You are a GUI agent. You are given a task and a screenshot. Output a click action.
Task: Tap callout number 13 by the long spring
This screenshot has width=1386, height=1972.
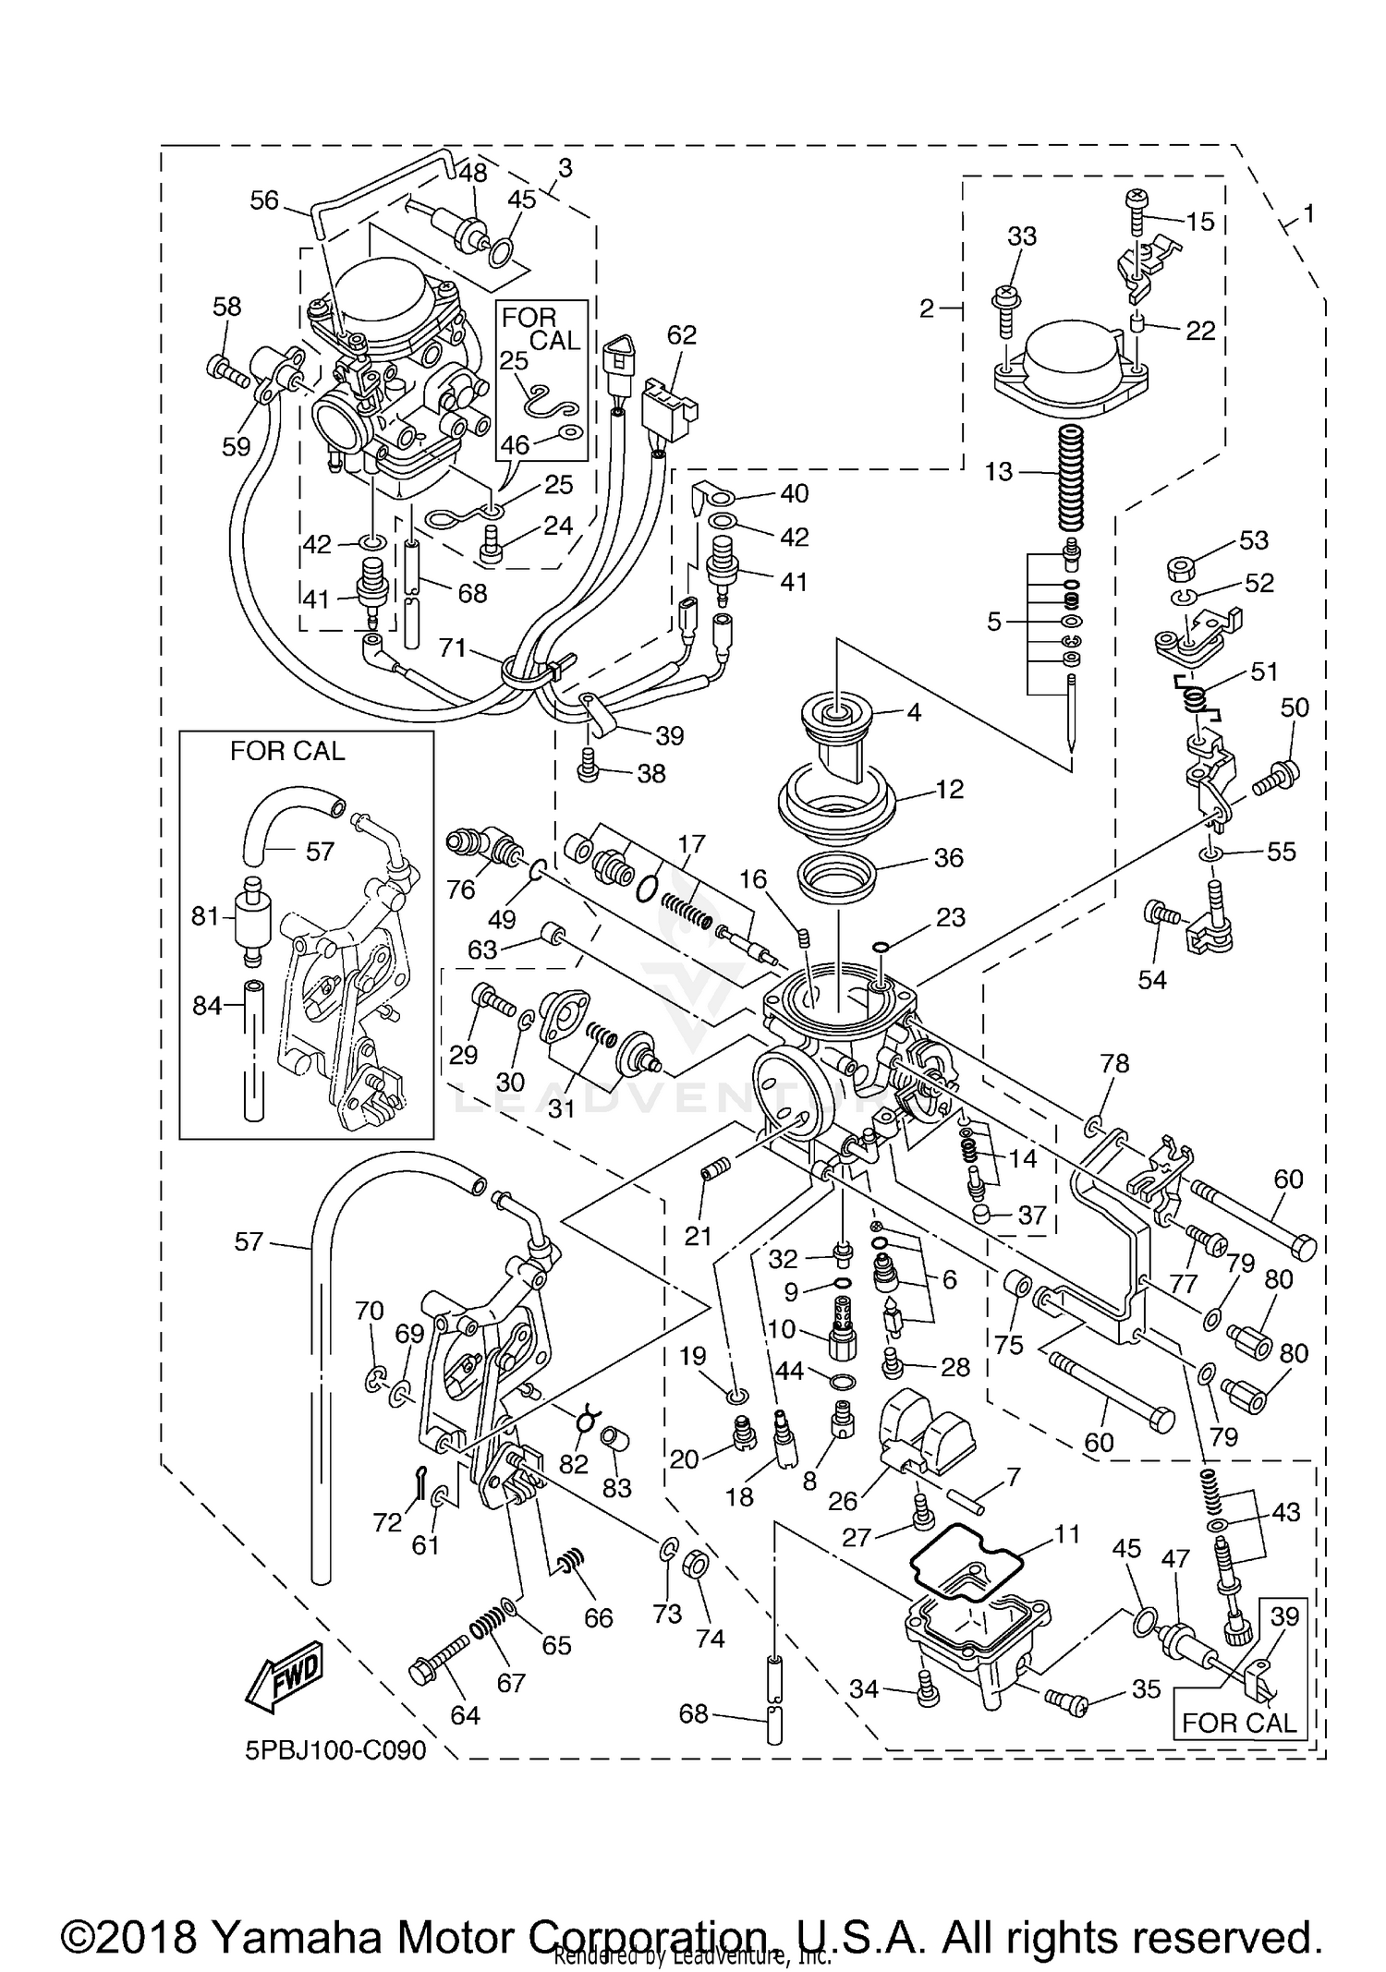click(x=999, y=472)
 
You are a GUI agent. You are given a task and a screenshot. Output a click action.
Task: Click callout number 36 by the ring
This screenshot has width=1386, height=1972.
click(x=948, y=858)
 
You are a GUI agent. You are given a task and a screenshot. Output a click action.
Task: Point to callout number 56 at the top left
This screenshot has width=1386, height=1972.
click(x=264, y=200)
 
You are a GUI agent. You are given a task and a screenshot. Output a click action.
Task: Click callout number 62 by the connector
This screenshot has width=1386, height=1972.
click(x=682, y=335)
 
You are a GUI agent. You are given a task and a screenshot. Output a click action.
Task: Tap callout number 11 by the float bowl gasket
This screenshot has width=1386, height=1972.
click(x=1066, y=1534)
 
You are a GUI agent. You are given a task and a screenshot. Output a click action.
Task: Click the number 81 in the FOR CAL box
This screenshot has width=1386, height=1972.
click(x=205, y=916)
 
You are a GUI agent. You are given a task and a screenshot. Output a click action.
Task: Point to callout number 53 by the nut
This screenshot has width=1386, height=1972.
click(x=1254, y=539)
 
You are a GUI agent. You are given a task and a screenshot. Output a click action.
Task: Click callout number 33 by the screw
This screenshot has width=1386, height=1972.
click(x=1022, y=236)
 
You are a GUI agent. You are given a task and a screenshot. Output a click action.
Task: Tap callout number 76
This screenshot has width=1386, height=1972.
click(x=461, y=889)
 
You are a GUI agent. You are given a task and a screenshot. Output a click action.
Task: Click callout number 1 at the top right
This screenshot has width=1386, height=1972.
click(x=1308, y=214)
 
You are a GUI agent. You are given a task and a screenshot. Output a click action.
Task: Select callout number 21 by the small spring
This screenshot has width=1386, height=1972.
click(x=698, y=1234)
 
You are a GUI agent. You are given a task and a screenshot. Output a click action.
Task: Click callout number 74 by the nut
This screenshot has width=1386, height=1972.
click(x=710, y=1638)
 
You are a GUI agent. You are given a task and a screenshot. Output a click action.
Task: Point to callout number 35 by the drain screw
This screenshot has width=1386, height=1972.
click(x=1146, y=1688)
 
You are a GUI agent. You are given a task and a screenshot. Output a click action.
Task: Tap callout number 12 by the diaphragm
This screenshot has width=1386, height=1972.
click(x=949, y=790)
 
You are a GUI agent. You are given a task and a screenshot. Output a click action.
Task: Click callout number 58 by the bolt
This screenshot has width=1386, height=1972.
click(x=227, y=307)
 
